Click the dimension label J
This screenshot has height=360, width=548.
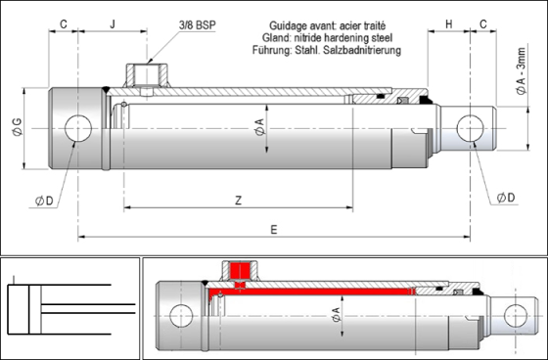pos(113,24)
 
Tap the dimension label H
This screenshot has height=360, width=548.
pos(449,24)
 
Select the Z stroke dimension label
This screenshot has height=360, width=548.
pos(239,201)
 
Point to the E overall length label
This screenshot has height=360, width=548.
pos(274,230)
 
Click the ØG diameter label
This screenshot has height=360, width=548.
pos(18,127)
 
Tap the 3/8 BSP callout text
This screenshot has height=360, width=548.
pos(198,25)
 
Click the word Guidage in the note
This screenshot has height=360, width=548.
pos(283,25)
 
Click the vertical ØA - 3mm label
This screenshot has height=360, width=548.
pos(521,71)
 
